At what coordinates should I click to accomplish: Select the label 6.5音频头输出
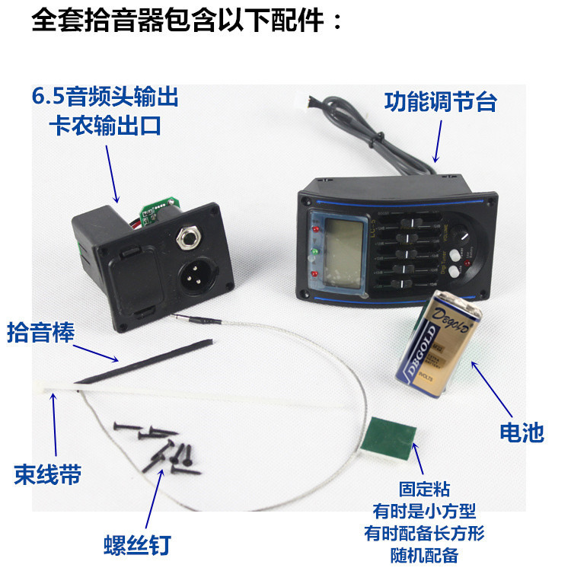point(104,97)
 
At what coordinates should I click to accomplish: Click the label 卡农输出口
point(105,126)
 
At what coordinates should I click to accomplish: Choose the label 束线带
point(47,475)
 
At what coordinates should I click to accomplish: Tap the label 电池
point(522,432)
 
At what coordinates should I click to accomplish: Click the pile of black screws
point(160,445)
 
